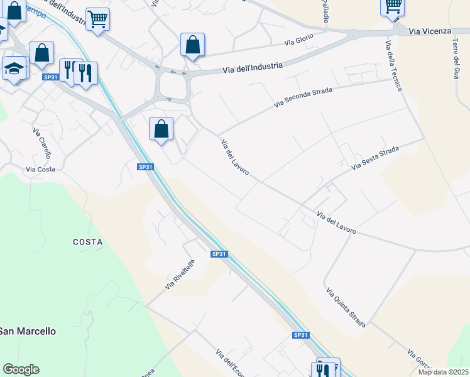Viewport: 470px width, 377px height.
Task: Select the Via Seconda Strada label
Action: pyautogui.click(x=302, y=97)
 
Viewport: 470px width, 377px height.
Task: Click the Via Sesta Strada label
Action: pyautogui.click(x=375, y=158)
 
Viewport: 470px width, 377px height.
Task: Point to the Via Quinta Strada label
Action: pyautogui.click(x=346, y=308)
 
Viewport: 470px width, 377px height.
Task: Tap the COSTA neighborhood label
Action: pyautogui.click(x=87, y=242)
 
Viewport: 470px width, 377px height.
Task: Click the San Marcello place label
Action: pyautogui.click(x=28, y=331)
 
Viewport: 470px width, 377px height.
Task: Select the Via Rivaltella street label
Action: pyautogui.click(x=180, y=275)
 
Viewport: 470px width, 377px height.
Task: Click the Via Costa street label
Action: pyautogui.click(x=40, y=169)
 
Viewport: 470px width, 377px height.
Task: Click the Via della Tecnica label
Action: pyautogui.click(x=393, y=65)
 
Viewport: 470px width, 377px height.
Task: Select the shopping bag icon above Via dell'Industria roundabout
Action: pyautogui.click(x=192, y=45)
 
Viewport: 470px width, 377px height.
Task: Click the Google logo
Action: pyautogui.click(x=21, y=369)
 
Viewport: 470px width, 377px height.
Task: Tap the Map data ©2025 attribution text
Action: pyautogui.click(x=442, y=372)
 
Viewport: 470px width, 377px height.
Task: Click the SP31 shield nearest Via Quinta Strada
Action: pyautogui.click(x=301, y=336)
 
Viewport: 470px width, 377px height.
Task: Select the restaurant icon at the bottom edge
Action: pyautogui.click(x=324, y=369)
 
